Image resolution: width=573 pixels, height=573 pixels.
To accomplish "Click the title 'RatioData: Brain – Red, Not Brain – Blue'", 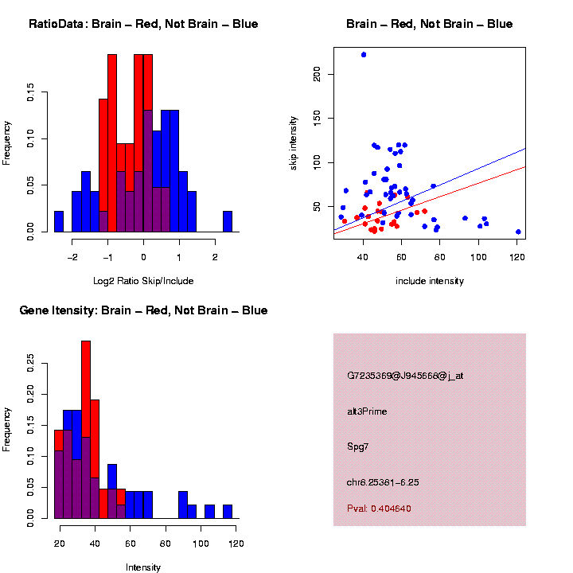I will click(x=143, y=24).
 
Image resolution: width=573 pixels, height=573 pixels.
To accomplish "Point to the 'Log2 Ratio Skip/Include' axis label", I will click(x=143, y=280).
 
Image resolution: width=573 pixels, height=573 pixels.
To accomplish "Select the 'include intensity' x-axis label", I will click(x=430, y=280).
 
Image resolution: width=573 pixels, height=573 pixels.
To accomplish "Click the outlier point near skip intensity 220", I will click(x=364, y=55).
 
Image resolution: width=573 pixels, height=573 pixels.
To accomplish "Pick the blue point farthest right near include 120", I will click(x=518, y=232).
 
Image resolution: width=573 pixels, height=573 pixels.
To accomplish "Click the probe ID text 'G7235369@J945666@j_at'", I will click(x=404, y=376).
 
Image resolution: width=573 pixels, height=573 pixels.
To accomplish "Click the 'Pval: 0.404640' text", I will click(x=379, y=509).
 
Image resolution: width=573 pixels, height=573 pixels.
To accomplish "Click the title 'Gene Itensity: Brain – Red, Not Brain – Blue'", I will click(x=143, y=310).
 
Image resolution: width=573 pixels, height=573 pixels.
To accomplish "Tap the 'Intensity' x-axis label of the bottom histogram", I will click(x=143, y=567).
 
